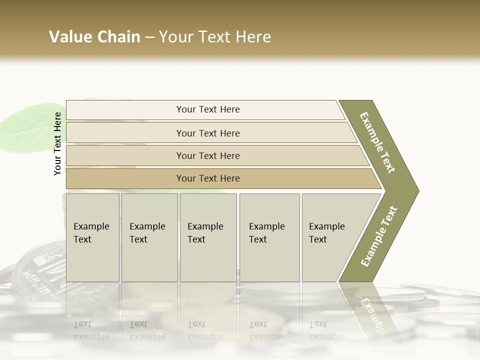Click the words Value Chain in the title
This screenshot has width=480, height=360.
(x=94, y=37)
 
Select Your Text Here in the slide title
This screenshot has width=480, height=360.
(x=215, y=37)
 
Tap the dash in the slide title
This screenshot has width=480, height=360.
(x=149, y=37)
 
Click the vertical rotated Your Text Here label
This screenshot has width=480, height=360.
(x=57, y=143)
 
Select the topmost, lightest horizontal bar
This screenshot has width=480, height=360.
(x=207, y=109)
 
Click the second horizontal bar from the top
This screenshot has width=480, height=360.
(x=207, y=133)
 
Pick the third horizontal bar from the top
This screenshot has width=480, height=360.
(x=207, y=155)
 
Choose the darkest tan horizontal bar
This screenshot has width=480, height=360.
(x=207, y=178)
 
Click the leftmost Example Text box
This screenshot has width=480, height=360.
(x=92, y=237)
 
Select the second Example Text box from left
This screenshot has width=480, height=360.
(x=149, y=237)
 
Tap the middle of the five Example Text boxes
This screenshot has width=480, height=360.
(x=208, y=237)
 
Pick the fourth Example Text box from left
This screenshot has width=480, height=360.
(x=269, y=237)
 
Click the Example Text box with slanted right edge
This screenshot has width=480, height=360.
(x=330, y=237)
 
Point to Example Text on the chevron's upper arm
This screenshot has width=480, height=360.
(x=377, y=142)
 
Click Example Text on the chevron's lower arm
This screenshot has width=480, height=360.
(x=378, y=236)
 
